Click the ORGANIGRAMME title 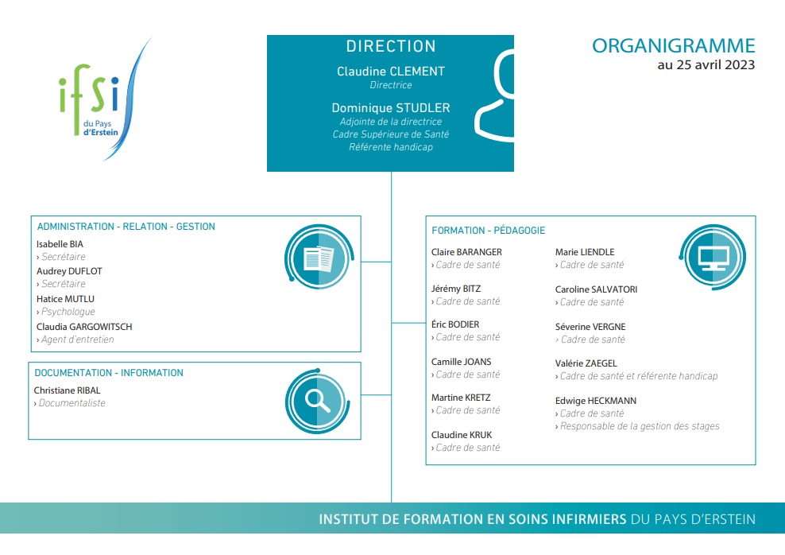[673, 46]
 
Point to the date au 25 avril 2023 [706, 65]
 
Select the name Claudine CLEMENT [390, 72]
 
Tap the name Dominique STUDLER [390, 107]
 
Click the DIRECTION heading [390, 47]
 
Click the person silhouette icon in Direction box [495, 95]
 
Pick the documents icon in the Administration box [319, 258]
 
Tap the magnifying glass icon [317, 402]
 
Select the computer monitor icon [713, 257]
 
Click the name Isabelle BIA [60, 244]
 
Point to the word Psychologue [68, 312]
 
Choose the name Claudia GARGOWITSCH [84, 327]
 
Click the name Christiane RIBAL [67, 390]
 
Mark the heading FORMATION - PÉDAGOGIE [488, 231]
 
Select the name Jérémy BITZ [455, 289]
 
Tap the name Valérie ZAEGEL [586, 363]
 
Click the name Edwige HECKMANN [595, 401]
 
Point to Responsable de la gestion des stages [640, 426]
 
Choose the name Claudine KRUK [462, 435]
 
